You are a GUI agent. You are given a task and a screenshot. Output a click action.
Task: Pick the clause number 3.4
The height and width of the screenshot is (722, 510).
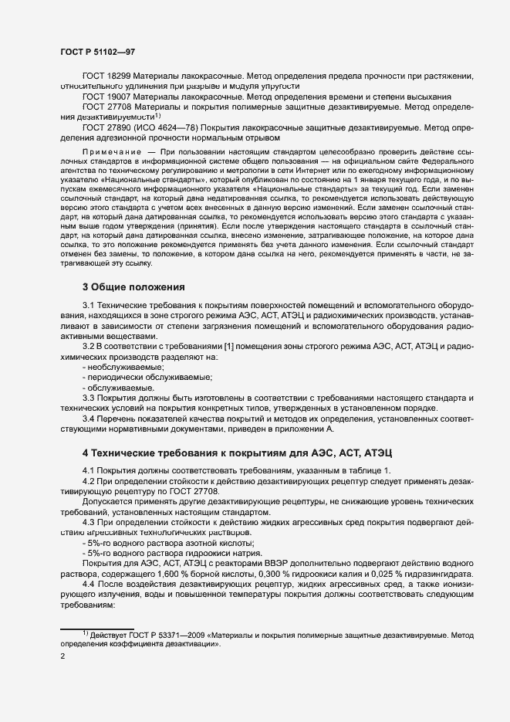pos(89,418)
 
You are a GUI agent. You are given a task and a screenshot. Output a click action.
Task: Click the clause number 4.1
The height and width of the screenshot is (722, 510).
pos(89,470)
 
